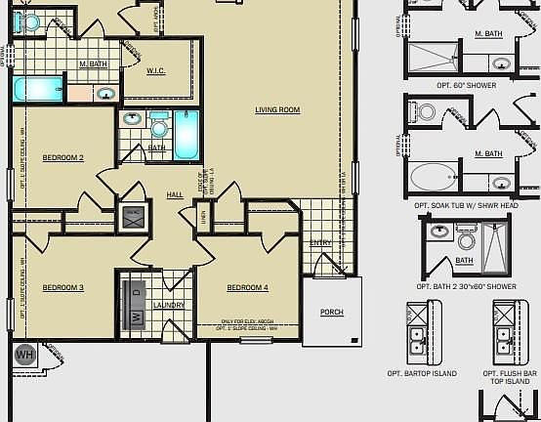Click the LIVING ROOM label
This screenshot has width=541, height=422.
[277, 110]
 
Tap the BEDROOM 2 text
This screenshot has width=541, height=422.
[62, 157]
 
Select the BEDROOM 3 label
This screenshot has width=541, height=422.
[62, 287]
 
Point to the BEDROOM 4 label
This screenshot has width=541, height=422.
[247, 287]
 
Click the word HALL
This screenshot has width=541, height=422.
[175, 195]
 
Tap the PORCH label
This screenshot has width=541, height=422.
[332, 313]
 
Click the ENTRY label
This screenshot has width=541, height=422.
[320, 242]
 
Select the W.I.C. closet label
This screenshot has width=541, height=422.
[156, 71]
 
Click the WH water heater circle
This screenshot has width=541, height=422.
[25, 355]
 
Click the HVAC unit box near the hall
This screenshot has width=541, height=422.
[133, 216]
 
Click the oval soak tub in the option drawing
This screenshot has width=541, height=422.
[431, 178]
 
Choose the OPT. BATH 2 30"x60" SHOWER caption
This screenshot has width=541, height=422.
[466, 286]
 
